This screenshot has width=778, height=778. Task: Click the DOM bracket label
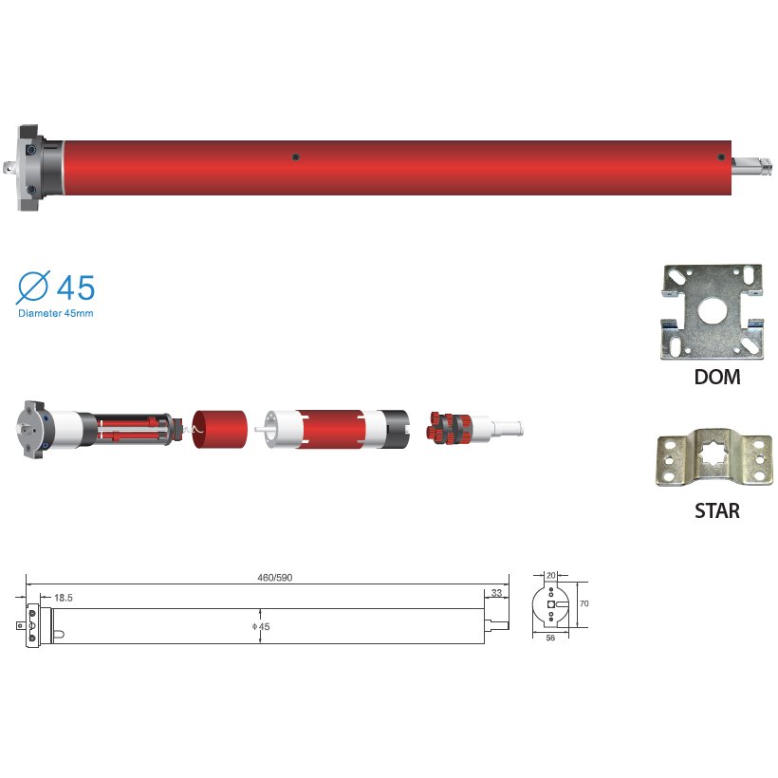[717, 377]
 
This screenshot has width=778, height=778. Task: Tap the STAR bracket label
[717, 510]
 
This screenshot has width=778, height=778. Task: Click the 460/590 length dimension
[275, 578]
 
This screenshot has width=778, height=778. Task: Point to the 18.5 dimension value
[64, 598]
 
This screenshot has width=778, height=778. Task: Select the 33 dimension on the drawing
[496, 593]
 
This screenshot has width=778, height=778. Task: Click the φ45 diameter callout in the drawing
[261, 626]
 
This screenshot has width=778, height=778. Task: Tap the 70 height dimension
[584, 603]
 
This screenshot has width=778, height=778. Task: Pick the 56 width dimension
[550, 638]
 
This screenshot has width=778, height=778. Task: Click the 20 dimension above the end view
[550, 576]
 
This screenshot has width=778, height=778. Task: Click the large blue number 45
[75, 287]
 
